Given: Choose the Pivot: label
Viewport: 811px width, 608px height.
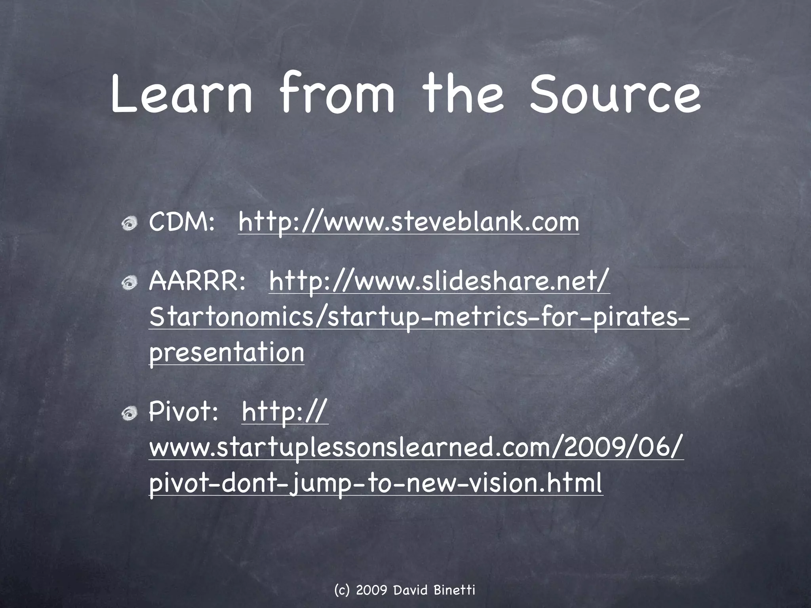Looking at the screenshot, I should point(183,412).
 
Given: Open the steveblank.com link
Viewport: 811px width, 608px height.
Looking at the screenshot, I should point(408,222).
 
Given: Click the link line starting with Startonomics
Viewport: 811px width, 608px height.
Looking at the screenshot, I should point(419,318).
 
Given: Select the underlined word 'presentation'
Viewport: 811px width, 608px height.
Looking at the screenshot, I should point(227,352).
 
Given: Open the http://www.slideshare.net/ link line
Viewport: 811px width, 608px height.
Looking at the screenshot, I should point(439,281).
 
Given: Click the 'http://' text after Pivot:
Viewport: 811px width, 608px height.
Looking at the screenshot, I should point(284,412).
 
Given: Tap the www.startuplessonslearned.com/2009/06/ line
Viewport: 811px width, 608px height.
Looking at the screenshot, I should point(416,448).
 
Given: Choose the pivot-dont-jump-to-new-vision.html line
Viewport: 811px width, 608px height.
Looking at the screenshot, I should point(375,483).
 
